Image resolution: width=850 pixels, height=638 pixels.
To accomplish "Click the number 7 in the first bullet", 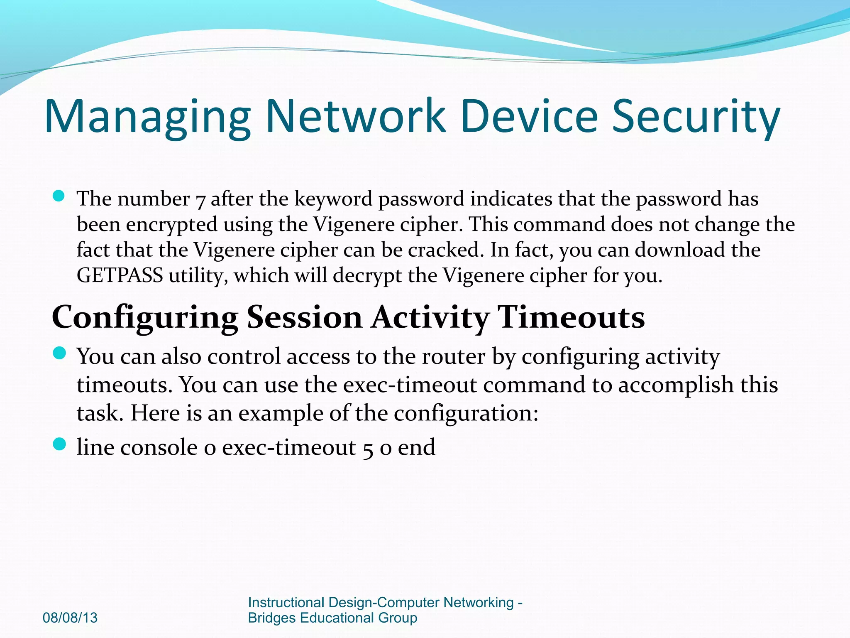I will point(200,200).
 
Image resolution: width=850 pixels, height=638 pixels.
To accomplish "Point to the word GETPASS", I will point(120,276).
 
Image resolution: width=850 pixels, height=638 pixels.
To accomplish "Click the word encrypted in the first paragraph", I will point(171,225).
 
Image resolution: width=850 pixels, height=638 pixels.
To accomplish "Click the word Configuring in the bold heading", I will point(145,318).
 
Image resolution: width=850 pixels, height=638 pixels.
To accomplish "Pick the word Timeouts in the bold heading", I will point(571,318).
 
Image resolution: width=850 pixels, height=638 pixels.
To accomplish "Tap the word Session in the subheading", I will point(304,318).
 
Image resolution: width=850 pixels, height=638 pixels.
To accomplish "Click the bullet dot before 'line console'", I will point(60,444).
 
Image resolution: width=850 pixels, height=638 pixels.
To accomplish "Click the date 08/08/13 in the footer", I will point(70,618).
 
